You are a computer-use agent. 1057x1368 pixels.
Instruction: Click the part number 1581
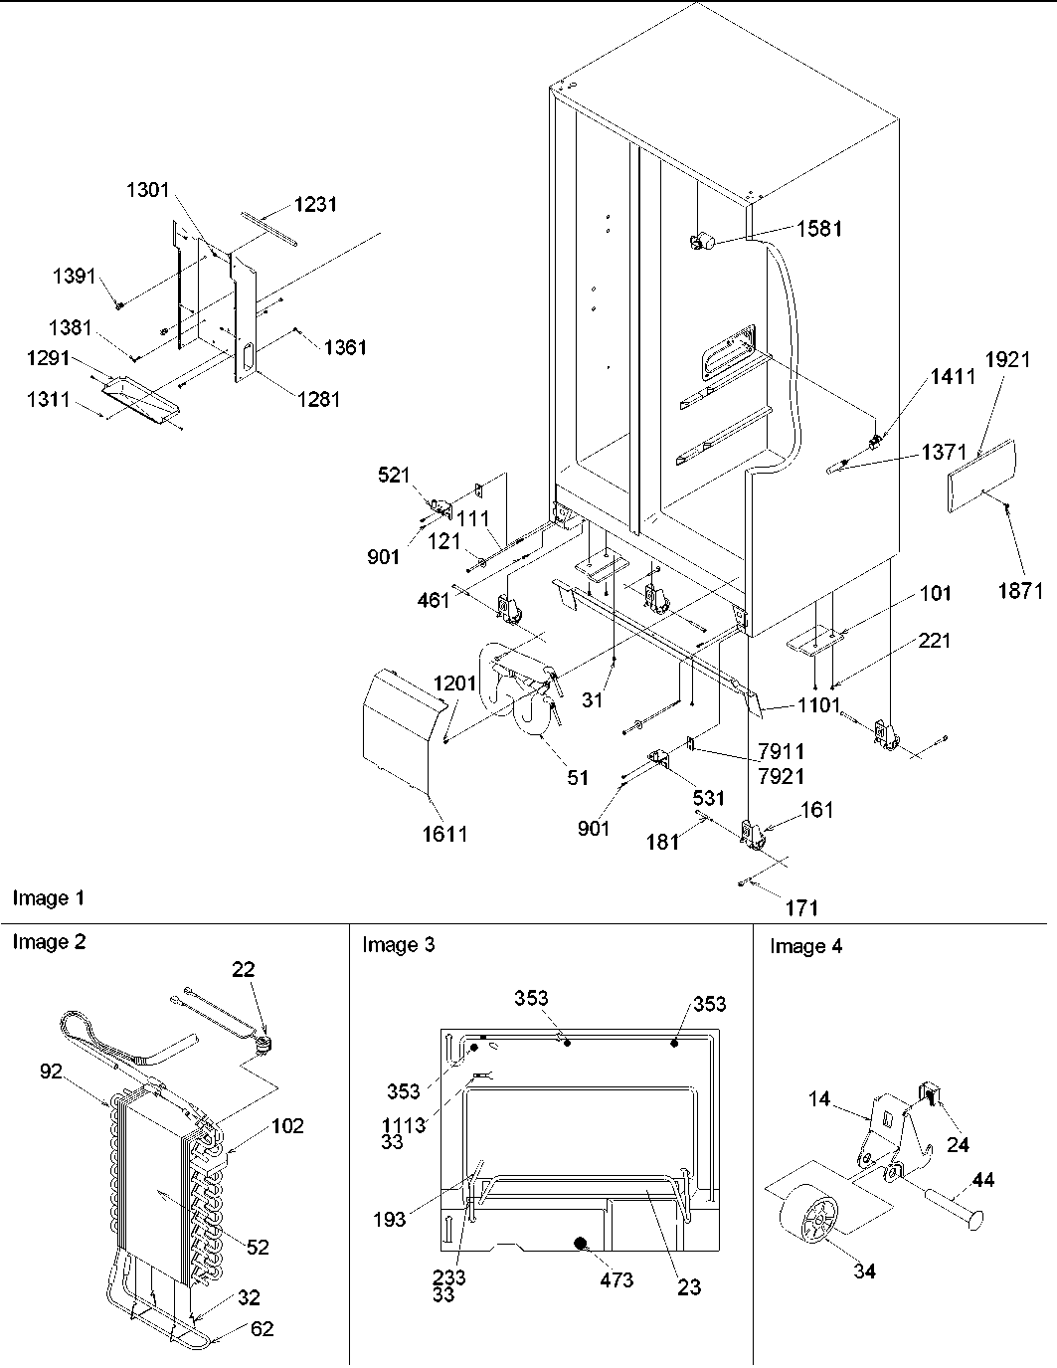(x=818, y=229)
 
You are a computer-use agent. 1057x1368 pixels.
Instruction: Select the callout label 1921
(x=1007, y=361)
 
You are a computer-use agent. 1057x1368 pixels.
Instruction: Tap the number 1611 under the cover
(x=442, y=834)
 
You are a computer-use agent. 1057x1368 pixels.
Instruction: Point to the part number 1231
(x=314, y=204)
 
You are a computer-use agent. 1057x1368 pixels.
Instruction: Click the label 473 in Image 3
(x=617, y=1279)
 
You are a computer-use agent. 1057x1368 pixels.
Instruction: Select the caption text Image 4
(x=805, y=947)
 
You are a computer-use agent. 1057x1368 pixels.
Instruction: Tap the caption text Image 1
(x=48, y=899)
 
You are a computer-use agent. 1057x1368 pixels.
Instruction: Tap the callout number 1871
(x=1020, y=591)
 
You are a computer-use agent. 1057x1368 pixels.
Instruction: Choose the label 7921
(x=781, y=775)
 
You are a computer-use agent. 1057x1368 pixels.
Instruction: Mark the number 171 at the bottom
(x=801, y=907)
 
